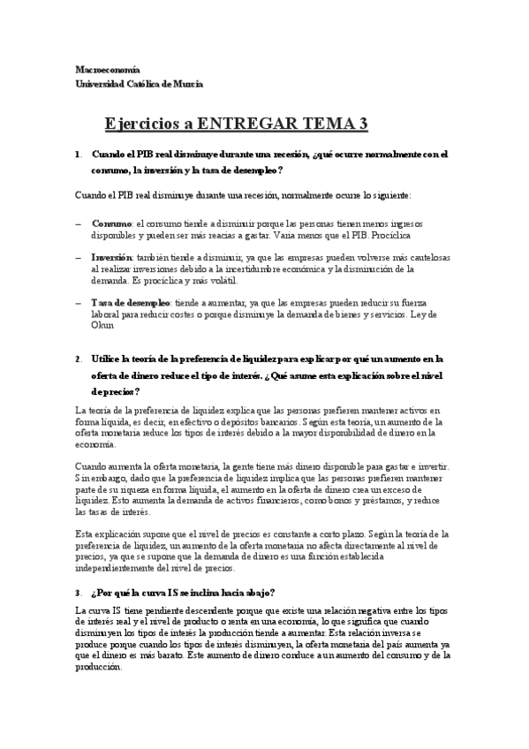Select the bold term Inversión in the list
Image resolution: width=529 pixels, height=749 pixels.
pos(113,256)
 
